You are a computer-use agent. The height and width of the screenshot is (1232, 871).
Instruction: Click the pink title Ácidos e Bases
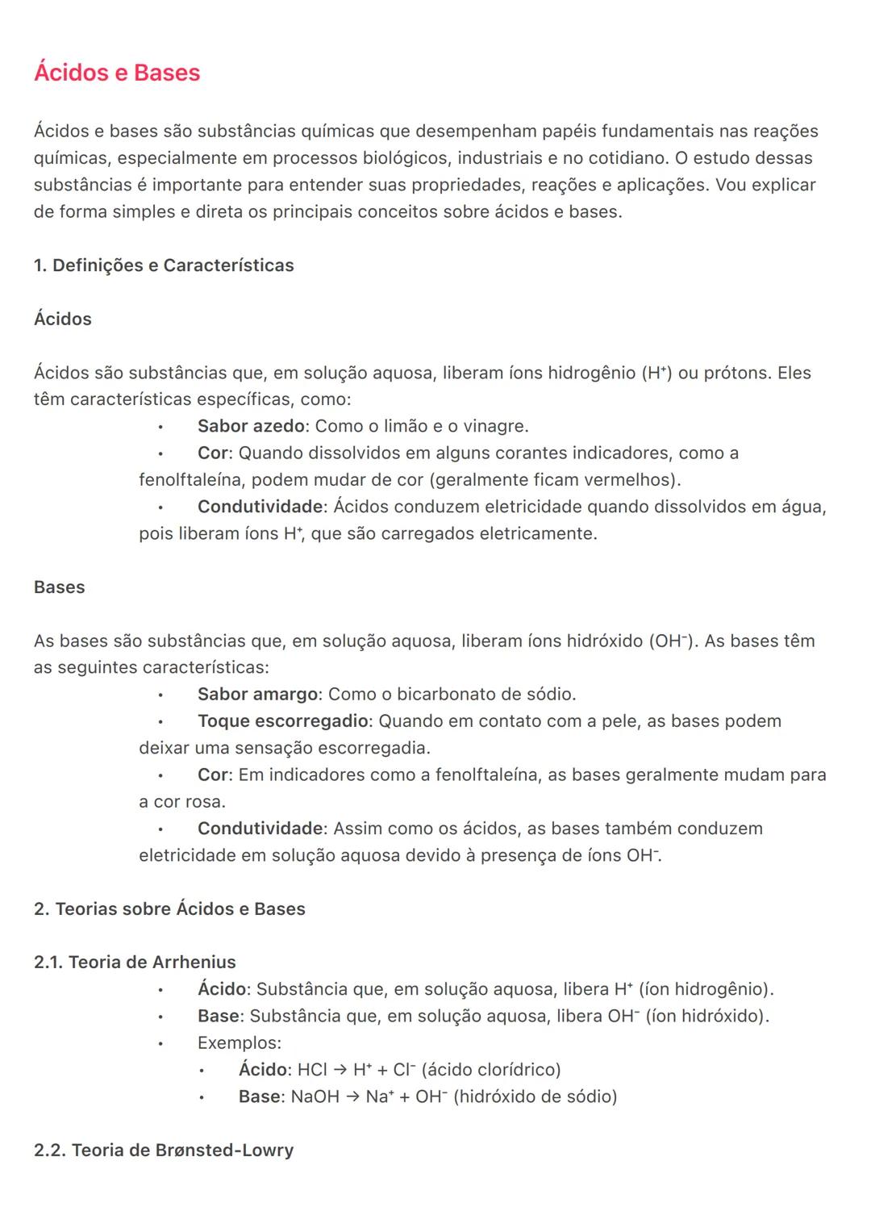coord(117,73)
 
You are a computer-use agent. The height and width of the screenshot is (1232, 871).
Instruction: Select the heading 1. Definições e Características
coord(164,265)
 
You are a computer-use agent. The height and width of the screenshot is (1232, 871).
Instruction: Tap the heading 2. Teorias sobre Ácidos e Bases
coord(169,908)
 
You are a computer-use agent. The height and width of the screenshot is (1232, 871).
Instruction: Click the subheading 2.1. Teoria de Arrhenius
coord(135,962)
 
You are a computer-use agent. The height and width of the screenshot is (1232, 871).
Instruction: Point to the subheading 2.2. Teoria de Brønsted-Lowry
coord(164,1150)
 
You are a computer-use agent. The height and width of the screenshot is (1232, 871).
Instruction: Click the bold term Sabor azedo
coord(251,426)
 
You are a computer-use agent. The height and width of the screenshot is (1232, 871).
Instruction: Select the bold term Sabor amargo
coord(257,694)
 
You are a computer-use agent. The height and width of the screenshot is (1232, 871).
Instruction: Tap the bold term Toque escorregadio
coord(282,720)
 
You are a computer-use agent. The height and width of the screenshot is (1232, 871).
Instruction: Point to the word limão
coord(406,426)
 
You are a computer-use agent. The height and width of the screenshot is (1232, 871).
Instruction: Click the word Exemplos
coord(239,1042)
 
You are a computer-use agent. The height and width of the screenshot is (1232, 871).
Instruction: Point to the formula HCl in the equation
coord(312,1070)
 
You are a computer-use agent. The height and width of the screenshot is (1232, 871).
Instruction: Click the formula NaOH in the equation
coord(315,1096)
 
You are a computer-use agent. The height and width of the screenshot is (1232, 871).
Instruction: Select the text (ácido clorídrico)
coord(491,1070)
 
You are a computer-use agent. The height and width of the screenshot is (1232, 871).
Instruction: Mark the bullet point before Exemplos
coord(160,1043)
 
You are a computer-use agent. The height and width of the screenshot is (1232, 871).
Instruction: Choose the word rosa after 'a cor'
coord(206,802)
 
